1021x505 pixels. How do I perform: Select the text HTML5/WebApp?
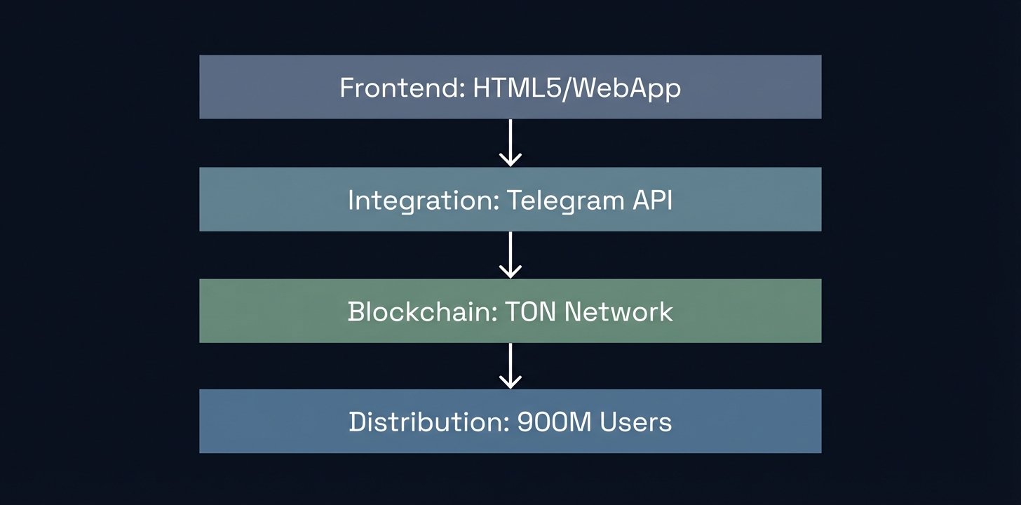(x=576, y=88)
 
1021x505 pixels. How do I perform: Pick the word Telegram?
(x=560, y=201)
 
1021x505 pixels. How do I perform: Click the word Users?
(x=633, y=422)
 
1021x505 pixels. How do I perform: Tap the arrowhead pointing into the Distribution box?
(x=510, y=383)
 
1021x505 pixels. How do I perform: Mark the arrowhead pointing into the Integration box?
(x=510, y=161)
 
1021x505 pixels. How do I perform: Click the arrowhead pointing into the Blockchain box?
(x=510, y=272)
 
